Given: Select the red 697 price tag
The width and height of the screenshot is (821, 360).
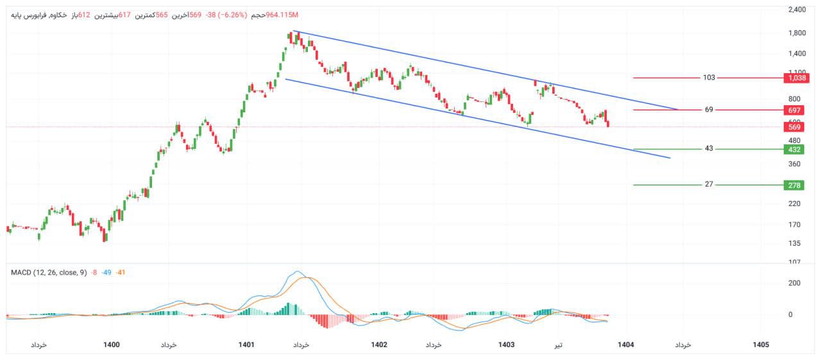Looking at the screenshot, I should [x=794, y=110].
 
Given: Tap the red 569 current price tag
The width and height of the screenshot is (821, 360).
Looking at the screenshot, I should [x=794, y=127].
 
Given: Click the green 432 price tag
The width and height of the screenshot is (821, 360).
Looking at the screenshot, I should [x=794, y=150].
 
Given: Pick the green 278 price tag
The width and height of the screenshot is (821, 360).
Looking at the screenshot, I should [x=794, y=185].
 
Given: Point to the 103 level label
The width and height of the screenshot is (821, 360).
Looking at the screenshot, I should [x=709, y=78].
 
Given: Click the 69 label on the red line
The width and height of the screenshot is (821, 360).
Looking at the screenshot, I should [x=709, y=110].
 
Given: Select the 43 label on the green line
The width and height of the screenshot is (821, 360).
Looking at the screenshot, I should [x=709, y=149].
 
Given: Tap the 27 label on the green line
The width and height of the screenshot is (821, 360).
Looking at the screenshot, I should [x=709, y=185].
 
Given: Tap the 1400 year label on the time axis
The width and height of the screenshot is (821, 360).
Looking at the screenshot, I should [x=112, y=345].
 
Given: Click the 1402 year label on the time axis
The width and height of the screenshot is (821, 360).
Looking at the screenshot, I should [x=379, y=345].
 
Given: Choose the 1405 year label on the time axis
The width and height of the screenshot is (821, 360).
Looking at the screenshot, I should [x=761, y=345].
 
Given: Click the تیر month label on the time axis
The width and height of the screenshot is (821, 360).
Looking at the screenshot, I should [x=559, y=345].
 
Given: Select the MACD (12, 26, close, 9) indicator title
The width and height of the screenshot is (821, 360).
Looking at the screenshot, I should [x=49, y=273].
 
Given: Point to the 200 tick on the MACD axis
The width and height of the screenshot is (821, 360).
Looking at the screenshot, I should [x=794, y=283].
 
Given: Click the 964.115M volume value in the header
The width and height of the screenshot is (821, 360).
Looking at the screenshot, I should [x=282, y=15].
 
